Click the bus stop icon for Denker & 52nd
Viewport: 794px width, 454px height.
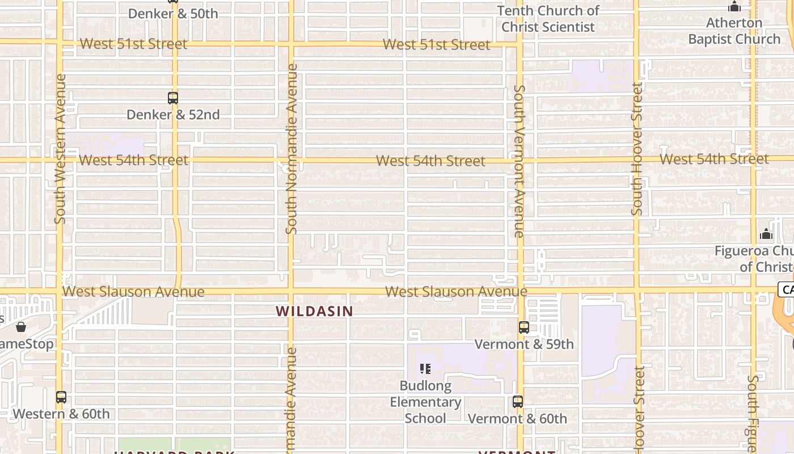173,98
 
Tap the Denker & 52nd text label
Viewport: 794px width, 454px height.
173,115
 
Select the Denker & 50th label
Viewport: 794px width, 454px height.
173,14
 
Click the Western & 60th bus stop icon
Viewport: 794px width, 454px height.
61,397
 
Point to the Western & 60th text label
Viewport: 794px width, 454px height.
61,414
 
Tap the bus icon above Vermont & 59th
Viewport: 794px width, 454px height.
523,327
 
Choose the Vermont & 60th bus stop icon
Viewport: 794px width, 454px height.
517,402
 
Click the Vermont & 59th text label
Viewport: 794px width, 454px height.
523,344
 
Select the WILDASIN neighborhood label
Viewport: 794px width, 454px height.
314,311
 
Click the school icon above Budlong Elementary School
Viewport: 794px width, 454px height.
425,369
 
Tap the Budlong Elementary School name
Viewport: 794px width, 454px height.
425,402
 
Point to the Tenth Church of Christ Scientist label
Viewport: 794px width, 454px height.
548,19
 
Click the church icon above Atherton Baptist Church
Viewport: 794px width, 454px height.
734,7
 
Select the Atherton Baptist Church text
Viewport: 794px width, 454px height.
734,31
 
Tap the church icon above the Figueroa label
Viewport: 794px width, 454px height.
766,234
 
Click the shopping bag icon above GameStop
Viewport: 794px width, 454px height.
21,327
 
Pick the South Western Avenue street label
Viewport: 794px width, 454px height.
60,149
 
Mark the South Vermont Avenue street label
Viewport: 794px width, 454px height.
519,161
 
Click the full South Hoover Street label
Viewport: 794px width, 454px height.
637,149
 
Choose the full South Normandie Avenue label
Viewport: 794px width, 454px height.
292,149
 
